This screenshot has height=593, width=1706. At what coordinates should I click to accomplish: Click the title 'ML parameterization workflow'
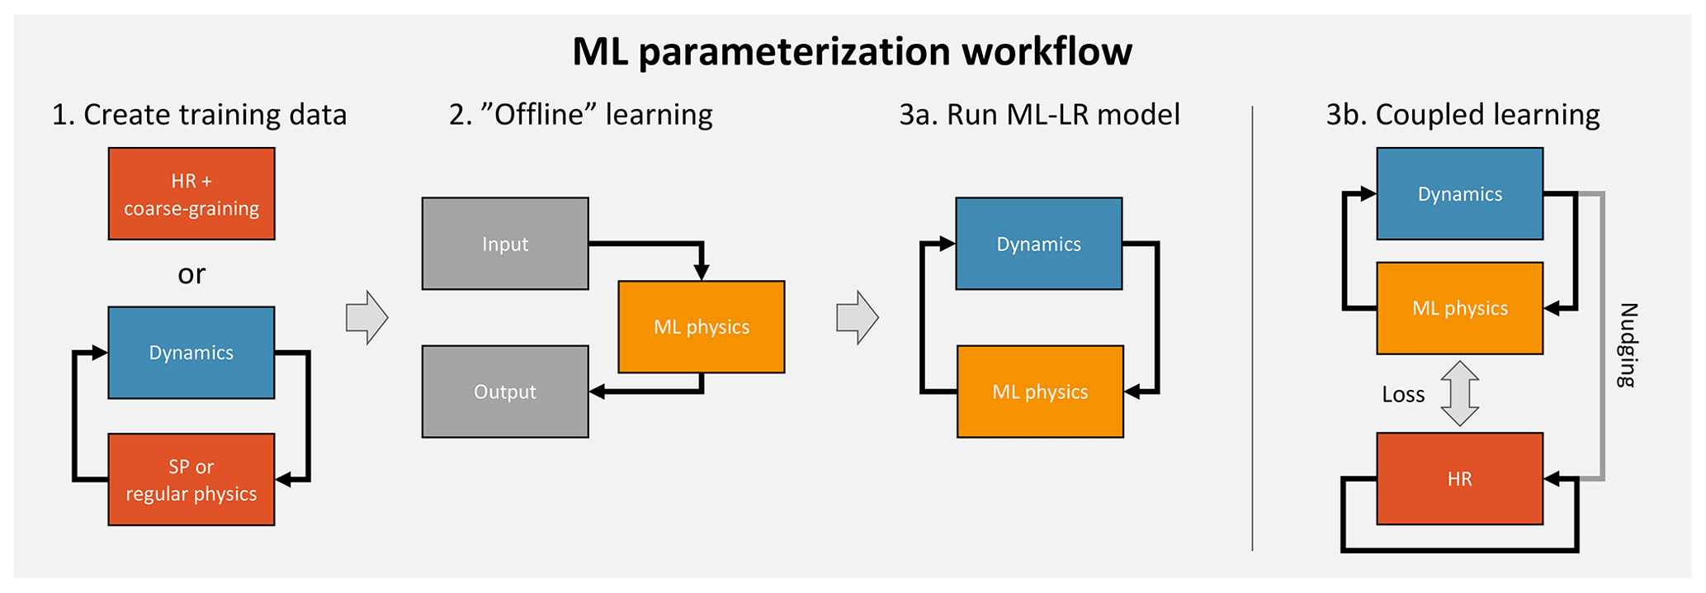pyautogui.click(x=852, y=51)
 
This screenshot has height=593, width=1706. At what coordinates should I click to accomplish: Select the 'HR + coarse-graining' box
pyautogui.click(x=191, y=194)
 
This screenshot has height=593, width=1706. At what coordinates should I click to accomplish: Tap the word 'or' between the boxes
pyautogui.click(x=191, y=273)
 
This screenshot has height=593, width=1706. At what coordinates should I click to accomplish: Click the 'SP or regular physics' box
pyautogui.click(x=191, y=480)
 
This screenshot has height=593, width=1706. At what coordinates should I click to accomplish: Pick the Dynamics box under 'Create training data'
pyautogui.click(x=191, y=353)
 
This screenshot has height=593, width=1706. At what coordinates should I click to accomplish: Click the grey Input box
pyautogui.click(x=505, y=244)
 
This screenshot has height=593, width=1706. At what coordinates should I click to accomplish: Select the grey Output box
pyautogui.click(x=505, y=391)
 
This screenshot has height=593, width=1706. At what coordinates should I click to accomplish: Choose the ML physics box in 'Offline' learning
pyautogui.click(x=702, y=327)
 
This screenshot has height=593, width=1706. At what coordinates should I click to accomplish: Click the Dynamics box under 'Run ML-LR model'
pyautogui.click(x=1039, y=244)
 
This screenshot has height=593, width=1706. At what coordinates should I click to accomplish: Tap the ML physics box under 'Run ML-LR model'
pyautogui.click(x=1040, y=391)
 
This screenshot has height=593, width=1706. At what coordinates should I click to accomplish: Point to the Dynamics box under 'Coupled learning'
pyautogui.click(x=1460, y=194)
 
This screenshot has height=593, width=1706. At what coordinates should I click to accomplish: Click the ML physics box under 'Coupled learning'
pyautogui.click(x=1460, y=308)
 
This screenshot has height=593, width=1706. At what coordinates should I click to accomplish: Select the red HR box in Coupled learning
pyautogui.click(x=1460, y=479)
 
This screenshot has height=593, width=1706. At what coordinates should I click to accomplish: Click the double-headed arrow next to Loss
pyautogui.click(x=1459, y=393)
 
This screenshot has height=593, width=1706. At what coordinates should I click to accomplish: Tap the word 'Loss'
pyautogui.click(x=1403, y=395)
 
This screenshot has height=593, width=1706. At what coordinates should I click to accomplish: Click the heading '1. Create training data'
pyautogui.click(x=199, y=115)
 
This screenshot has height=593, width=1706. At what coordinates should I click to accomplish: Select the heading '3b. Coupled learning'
pyautogui.click(x=1463, y=115)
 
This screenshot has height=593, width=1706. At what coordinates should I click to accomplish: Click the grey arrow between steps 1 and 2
pyautogui.click(x=366, y=317)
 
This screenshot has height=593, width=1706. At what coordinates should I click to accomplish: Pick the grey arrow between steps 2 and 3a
pyautogui.click(x=858, y=317)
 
